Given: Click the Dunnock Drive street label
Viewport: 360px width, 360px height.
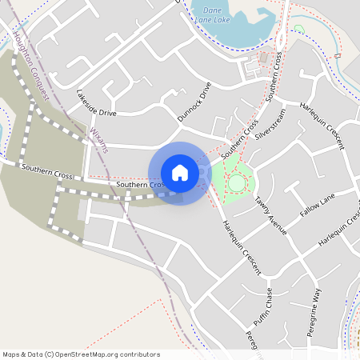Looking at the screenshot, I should [194, 101].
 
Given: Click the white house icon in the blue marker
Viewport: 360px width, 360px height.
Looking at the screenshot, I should [180, 173].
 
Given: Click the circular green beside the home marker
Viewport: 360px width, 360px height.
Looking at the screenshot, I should [237, 184].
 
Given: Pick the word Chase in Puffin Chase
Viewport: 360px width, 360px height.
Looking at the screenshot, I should [269, 298].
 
